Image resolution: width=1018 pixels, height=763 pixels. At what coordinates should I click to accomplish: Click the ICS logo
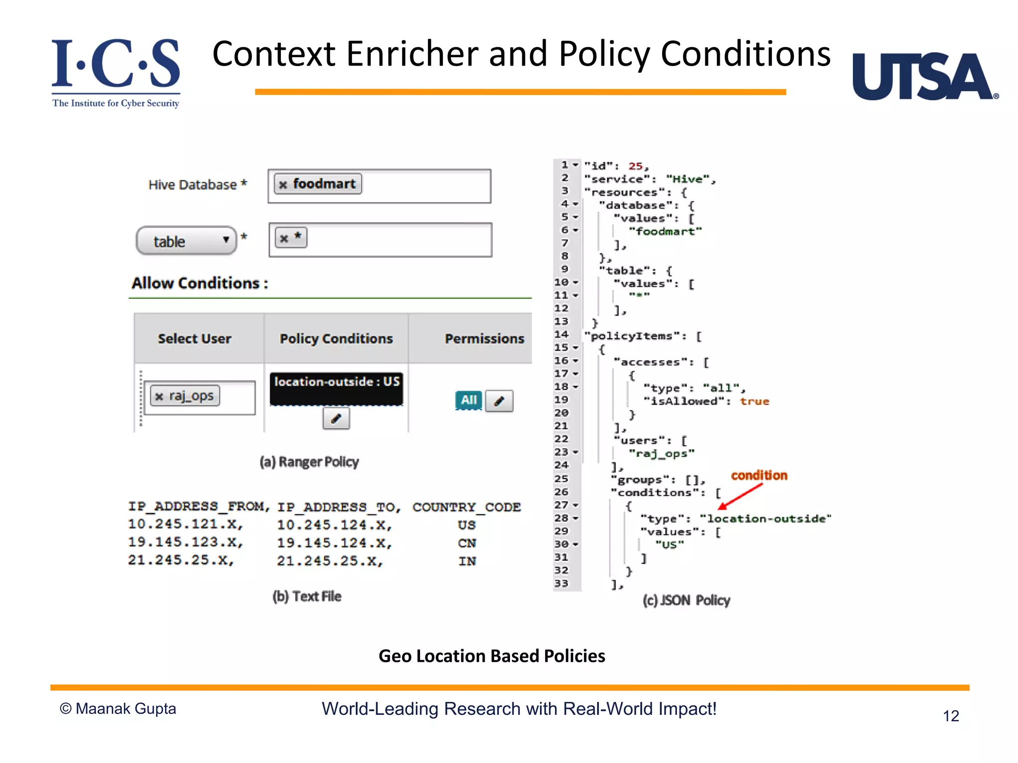pyautogui.click(x=116, y=72)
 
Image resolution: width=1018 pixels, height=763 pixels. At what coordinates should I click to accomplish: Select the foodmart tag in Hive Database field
pyautogui.click(x=318, y=184)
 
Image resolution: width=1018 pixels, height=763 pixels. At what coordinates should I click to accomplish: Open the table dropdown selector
pyautogui.click(x=186, y=241)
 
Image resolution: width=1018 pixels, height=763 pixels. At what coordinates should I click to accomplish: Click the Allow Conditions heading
pyautogui.click(x=200, y=283)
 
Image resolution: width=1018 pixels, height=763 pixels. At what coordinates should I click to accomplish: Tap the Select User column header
pyautogui.click(x=195, y=339)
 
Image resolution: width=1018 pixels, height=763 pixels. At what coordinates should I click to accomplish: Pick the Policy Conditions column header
pyautogui.click(x=336, y=339)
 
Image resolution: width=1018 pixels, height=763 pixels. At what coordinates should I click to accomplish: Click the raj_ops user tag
pyautogui.click(x=185, y=396)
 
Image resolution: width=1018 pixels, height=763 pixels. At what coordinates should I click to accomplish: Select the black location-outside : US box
pyautogui.click(x=337, y=388)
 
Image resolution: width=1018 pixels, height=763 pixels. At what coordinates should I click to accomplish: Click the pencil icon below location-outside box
pyautogui.click(x=336, y=418)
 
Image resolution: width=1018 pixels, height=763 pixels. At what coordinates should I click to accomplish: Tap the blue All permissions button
pyautogui.click(x=468, y=400)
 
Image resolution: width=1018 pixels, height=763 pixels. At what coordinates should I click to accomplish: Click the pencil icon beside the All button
pyautogui.click(x=499, y=401)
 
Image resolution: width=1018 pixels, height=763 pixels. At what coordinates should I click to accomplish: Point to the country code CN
pyautogui.click(x=467, y=543)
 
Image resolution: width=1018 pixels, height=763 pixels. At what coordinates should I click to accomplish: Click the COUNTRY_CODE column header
pyautogui.click(x=466, y=507)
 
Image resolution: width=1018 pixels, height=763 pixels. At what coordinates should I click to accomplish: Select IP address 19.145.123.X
pyautogui.click(x=185, y=542)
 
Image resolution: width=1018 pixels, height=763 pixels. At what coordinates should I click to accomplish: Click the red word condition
pyautogui.click(x=759, y=475)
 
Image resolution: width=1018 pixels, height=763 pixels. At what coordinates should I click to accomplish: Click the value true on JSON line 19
pyautogui.click(x=754, y=401)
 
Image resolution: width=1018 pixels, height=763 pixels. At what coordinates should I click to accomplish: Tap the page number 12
pyautogui.click(x=950, y=716)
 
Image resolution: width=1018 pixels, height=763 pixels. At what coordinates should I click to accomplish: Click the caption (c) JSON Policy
pyautogui.click(x=686, y=601)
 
